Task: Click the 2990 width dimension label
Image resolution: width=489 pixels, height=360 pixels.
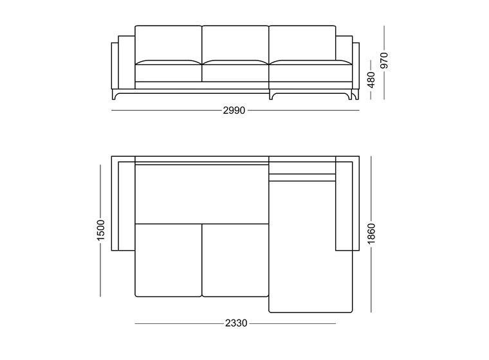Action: [x=234, y=111]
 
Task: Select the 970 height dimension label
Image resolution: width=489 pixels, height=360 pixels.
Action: [x=384, y=60]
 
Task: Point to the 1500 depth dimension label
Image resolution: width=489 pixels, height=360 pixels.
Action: [x=100, y=230]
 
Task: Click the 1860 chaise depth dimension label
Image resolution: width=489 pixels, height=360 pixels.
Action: [x=371, y=234]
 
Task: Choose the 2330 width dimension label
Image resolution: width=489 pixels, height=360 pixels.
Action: [x=236, y=323]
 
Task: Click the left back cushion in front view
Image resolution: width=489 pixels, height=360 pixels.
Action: [x=169, y=44]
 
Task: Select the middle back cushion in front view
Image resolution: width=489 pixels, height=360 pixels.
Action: [x=235, y=44]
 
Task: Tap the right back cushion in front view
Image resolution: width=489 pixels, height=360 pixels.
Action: [x=302, y=44]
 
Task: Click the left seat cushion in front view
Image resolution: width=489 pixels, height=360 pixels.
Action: [x=169, y=71]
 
